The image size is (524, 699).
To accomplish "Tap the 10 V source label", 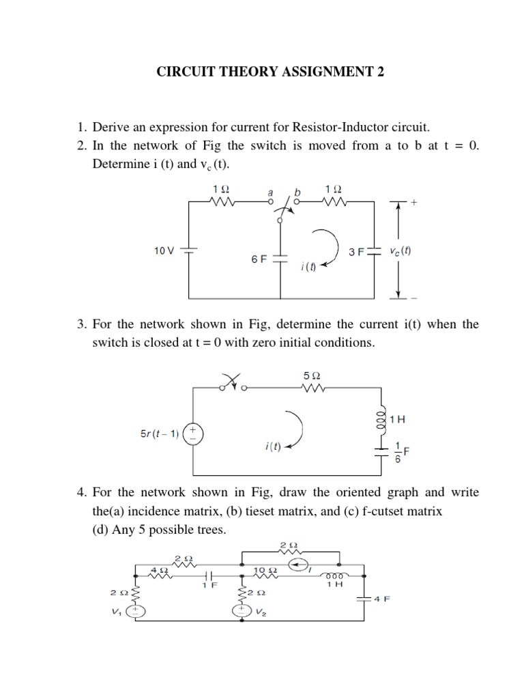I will point(164,251).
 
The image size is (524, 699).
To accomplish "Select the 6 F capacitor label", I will point(259,260).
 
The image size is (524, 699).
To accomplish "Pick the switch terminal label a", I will point(270,192).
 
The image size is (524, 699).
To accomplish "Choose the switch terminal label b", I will point(298,192).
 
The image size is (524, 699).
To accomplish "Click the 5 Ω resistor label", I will point(311,375).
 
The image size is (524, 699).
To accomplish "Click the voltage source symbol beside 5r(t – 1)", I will point(193,433).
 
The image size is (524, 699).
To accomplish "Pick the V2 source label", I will point(261,613).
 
